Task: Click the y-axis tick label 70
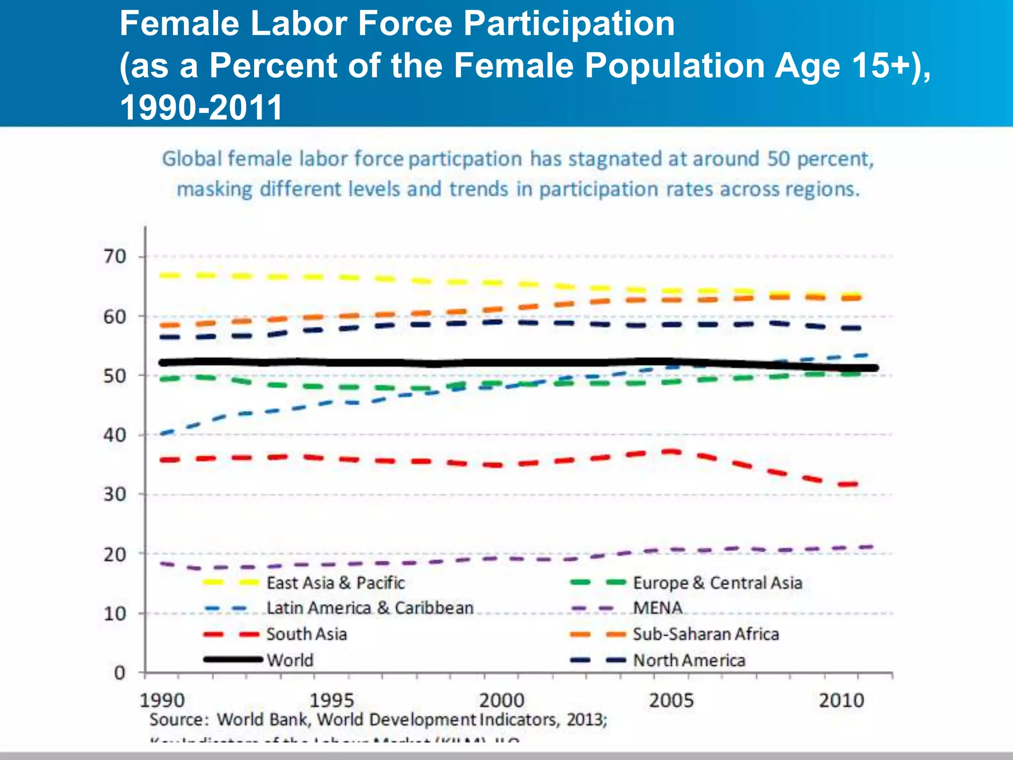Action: [115, 256]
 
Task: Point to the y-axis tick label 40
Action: [115, 435]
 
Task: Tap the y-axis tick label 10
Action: [115, 614]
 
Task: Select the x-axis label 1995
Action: [331, 701]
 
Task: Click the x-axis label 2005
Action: [671, 701]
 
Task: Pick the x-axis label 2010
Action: [841, 701]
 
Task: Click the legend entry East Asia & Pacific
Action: [335, 583]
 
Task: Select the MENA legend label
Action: [657, 608]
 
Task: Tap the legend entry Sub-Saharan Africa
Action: [706, 634]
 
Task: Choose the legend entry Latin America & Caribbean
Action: [370, 608]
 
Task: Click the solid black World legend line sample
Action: [232, 659]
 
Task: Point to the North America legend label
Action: [689, 660]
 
